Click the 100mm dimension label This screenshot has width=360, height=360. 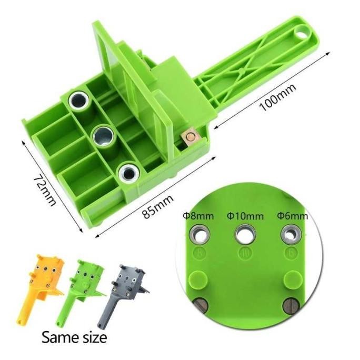coord(278,97)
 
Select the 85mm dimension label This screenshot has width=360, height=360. coord(158,207)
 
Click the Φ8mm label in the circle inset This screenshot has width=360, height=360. coord(198,216)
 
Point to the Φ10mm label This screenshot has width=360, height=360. coord(245,216)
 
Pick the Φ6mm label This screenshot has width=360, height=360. coord(292,216)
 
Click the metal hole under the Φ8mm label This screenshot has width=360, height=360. coord(199,235)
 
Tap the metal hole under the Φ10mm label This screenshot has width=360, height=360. coord(245,235)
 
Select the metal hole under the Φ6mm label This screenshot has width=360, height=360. coord(291,235)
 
